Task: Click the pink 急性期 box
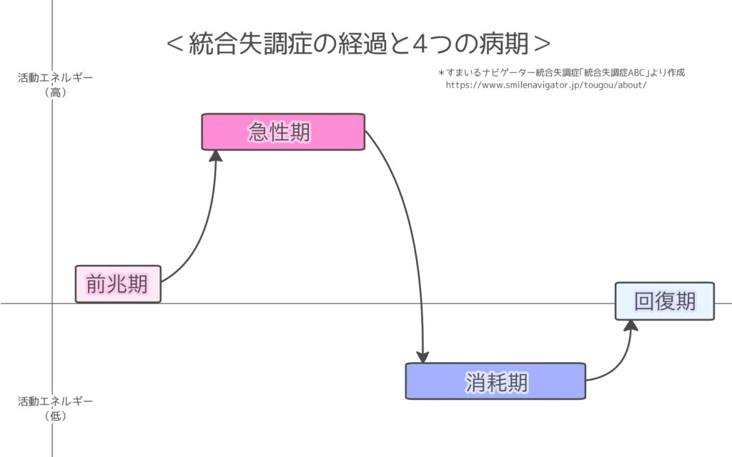point(283,132)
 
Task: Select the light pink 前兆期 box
point(118,284)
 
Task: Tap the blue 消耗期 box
point(495,381)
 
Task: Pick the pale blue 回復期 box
point(665,301)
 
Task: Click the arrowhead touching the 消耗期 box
point(424,356)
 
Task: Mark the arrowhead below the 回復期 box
point(630,326)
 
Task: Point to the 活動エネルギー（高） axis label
point(55,84)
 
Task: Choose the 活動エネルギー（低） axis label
point(55,408)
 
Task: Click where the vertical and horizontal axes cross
point(52,303)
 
